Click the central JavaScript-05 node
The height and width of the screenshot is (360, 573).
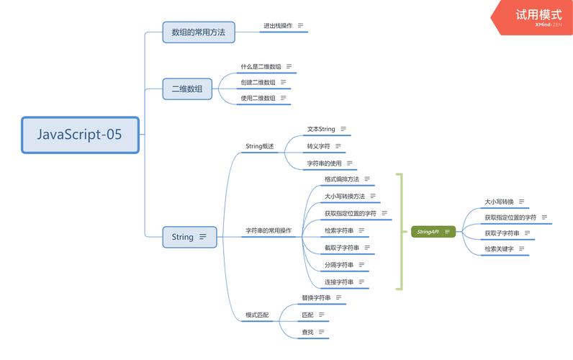coord(80,135)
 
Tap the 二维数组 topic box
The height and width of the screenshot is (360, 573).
coord(187,89)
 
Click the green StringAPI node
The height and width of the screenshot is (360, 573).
coord(429,232)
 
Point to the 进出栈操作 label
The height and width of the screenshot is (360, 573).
coord(277,26)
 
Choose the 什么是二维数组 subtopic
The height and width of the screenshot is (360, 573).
coord(261,66)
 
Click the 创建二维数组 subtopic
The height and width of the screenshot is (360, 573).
coord(258,82)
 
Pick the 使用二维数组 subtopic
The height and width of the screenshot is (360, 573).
coord(258,98)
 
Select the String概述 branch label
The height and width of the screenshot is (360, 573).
coord(260,146)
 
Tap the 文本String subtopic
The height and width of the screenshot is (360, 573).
coord(321,130)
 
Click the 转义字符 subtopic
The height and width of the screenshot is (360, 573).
coord(318,146)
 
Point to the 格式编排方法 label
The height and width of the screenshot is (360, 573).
coord(341,179)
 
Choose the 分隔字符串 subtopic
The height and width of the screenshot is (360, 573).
coord(338,264)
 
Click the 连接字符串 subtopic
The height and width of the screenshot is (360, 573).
coord(338,282)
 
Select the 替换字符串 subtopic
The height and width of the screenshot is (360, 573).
coord(316,297)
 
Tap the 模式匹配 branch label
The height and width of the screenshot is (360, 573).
coord(258,315)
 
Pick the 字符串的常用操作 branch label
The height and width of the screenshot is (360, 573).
coord(269,231)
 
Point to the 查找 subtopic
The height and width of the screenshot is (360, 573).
coord(307,332)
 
